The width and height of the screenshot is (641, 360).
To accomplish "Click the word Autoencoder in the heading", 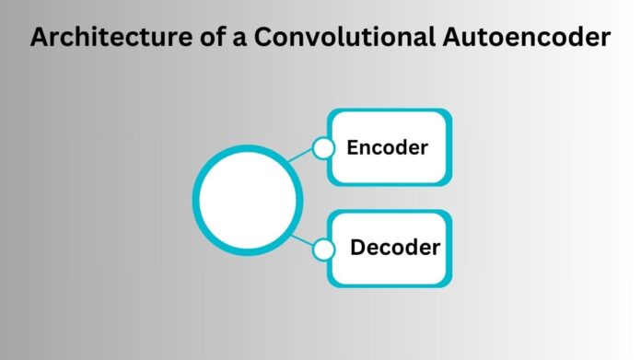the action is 506,40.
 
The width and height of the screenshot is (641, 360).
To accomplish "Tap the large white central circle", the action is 246,198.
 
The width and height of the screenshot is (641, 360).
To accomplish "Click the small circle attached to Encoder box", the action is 322,148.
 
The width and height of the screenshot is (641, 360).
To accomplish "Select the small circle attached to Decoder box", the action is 322,249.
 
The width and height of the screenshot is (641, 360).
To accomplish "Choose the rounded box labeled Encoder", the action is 390,146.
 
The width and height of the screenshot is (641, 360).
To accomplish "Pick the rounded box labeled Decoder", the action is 390,248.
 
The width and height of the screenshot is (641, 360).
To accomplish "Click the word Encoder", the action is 388,146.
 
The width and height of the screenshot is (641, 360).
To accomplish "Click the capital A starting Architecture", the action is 39,40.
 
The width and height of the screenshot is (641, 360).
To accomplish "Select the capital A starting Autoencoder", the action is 410,40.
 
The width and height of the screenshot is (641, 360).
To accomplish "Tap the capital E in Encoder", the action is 352,146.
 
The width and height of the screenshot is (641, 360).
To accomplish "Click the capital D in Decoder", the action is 357,248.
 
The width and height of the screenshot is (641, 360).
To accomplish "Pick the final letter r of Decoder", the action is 435,250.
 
